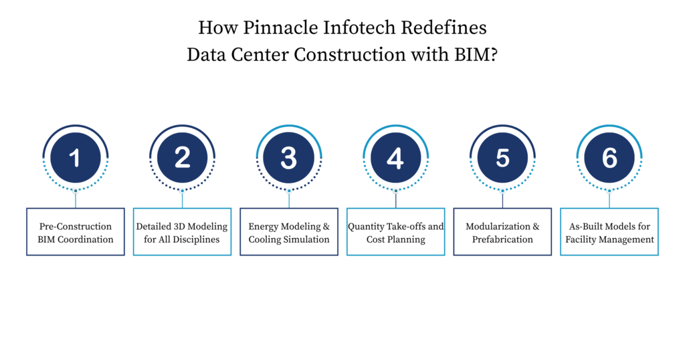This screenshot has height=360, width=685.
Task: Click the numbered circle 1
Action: pyautogui.click(x=75, y=158)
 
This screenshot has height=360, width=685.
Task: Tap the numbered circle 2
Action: pyautogui.click(x=182, y=158)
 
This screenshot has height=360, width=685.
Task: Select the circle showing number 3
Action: pyautogui.click(x=289, y=158)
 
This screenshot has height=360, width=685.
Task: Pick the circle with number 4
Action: pyautogui.click(x=395, y=158)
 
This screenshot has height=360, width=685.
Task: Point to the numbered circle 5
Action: pyautogui.click(x=502, y=158)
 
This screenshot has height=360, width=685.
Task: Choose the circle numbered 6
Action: pyautogui.click(x=609, y=158)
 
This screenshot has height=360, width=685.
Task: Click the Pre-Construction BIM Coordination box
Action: pyautogui.click(x=76, y=232)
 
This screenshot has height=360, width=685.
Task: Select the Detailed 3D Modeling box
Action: pyautogui.click(x=182, y=232)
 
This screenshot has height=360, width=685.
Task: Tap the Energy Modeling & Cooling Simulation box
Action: pyautogui.click(x=289, y=232)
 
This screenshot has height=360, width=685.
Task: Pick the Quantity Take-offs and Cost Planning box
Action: pyautogui.click(x=395, y=232)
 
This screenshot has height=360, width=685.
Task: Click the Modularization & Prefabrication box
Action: pyautogui.click(x=502, y=232)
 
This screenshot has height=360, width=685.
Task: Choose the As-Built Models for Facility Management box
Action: pyautogui.click(x=609, y=232)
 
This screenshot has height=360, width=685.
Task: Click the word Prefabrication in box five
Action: pyautogui.click(x=502, y=240)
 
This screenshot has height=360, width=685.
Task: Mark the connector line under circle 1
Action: pyautogui.click(x=76, y=200)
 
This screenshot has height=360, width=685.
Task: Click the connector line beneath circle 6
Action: pyautogui.click(x=609, y=200)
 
